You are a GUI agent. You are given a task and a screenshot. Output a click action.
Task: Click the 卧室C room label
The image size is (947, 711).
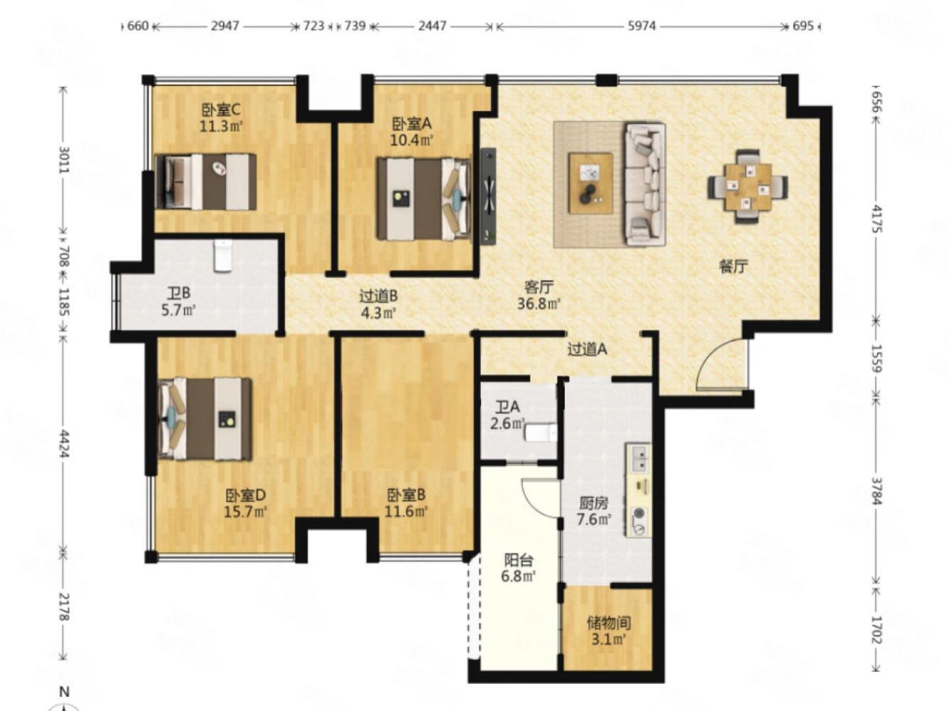pos(221,110)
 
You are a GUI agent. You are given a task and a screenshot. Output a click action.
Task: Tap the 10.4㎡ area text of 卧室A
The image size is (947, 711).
pos(411,140)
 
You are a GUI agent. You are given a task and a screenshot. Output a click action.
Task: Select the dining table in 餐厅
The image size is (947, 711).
pos(747,186)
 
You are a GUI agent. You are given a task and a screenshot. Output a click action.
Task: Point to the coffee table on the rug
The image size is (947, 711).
pos(590,183)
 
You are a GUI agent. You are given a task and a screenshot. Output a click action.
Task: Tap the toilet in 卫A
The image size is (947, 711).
pos(541,432)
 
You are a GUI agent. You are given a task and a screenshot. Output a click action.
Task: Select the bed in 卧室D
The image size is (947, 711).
pos(205,418)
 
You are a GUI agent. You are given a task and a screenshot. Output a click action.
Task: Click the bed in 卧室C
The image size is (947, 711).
pos(206,182)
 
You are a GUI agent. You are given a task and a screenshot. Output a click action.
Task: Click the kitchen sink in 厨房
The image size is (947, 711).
pos(639,459)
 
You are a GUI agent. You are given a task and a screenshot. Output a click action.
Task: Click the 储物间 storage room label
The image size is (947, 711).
pos(608,623)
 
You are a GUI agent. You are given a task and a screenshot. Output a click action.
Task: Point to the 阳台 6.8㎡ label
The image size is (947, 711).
pos(519,567)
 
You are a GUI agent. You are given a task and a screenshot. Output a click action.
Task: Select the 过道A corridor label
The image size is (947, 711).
pos(588,349)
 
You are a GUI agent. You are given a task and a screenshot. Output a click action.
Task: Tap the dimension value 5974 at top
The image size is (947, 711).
pos(642,26)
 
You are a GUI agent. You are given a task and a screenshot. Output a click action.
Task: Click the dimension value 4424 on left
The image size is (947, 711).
pos(64,444)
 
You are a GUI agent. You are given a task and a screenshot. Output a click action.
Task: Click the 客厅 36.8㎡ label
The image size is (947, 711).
pos(539,296)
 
